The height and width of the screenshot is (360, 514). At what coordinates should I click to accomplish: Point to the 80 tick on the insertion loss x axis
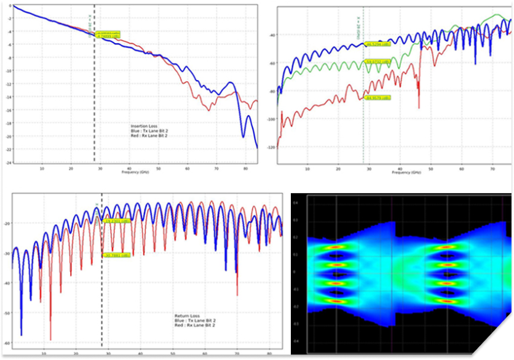tap(246, 168)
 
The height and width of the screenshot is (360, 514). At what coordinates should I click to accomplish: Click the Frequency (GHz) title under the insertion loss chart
tap(133, 173)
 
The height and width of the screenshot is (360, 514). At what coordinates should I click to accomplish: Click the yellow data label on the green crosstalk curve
tap(377, 62)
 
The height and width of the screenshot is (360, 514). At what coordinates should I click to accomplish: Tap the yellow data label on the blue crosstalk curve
tap(377, 44)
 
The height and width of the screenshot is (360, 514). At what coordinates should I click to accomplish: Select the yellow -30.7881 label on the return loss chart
tap(116, 255)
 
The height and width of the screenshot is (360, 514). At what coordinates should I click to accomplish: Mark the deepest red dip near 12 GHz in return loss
tap(50, 338)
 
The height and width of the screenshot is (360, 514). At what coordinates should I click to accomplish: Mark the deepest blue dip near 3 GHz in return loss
tap(22, 334)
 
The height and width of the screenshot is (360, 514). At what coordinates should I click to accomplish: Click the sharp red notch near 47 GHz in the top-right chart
tap(419, 107)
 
